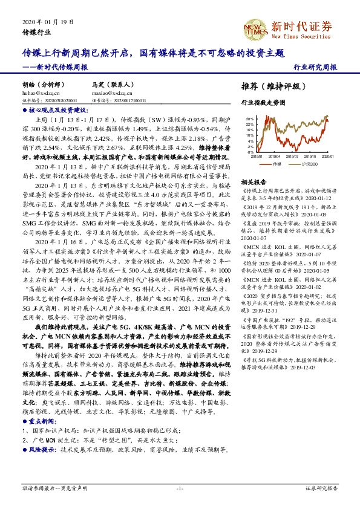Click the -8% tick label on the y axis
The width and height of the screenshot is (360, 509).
tap(249, 151)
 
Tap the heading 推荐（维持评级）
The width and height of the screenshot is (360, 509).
tap(270, 86)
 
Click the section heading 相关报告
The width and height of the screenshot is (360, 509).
tap(254, 181)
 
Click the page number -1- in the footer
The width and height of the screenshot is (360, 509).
tap(180, 488)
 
